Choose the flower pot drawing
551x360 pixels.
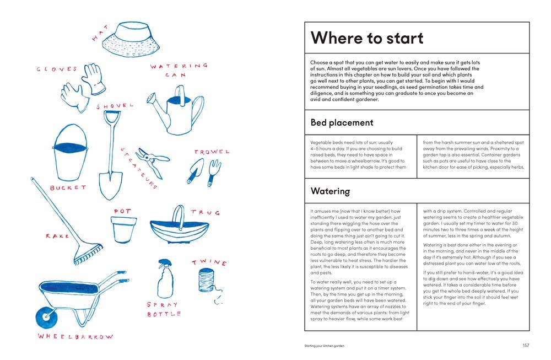point(123,229)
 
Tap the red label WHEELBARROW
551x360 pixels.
point(75,336)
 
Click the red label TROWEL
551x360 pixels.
point(212,152)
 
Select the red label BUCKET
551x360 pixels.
point(68,188)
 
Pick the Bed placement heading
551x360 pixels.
point(342,122)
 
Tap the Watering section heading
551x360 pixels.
point(330,191)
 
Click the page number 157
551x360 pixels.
point(525,346)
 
